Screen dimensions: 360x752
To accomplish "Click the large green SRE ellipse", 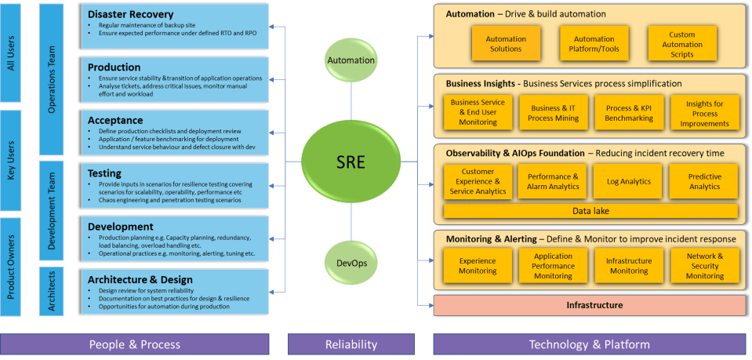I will [x=351, y=163].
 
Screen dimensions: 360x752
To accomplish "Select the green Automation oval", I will [x=351, y=60].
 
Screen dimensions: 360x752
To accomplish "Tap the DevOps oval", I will [x=351, y=261].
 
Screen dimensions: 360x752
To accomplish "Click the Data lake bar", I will [x=590, y=211].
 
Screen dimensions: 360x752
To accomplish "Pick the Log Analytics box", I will [x=629, y=181].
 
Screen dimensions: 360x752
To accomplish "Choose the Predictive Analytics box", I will [x=704, y=181].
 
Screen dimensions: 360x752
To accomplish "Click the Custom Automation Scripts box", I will [x=682, y=44].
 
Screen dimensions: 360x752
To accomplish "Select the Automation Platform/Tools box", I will [x=594, y=44].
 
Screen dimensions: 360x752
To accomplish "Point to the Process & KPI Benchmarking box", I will [x=629, y=114].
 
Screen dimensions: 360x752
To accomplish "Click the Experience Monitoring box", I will [x=478, y=266].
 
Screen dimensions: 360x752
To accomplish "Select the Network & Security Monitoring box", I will [x=704, y=266].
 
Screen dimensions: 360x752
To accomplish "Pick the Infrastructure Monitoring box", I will [x=629, y=266].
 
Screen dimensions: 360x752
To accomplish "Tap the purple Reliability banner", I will [x=351, y=344].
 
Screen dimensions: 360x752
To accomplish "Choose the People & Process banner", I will [x=134, y=344].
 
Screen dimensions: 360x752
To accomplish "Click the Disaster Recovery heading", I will [x=131, y=15].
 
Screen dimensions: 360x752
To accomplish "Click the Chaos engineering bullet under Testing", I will [x=171, y=200].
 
